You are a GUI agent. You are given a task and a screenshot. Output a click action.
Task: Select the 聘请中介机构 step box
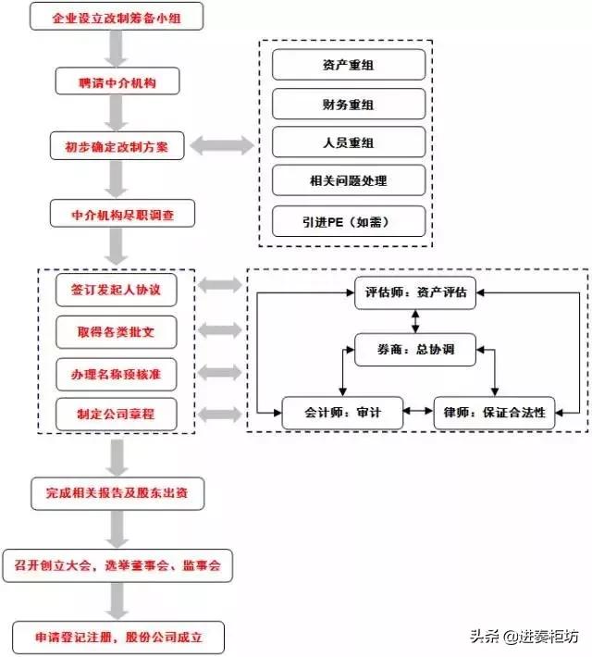tap(116, 83)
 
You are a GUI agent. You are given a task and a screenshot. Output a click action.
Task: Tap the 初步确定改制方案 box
tap(116, 146)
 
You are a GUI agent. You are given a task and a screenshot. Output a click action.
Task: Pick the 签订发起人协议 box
tap(116, 290)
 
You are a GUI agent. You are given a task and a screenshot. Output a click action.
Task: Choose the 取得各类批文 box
tap(116, 330)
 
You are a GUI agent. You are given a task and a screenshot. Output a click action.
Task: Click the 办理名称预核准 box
tap(116, 373)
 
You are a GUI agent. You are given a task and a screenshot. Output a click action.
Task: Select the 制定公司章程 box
tap(116, 414)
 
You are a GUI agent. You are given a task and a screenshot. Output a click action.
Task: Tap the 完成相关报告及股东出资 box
tap(116, 490)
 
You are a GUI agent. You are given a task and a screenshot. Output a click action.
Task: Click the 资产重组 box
tap(349, 64)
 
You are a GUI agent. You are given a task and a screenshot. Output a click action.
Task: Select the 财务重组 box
tap(349, 103)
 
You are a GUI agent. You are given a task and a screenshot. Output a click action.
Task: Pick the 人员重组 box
tap(349, 142)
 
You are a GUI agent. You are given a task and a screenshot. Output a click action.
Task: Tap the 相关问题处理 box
tap(349, 180)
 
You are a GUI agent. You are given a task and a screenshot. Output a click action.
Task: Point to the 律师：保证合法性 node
tap(494, 413)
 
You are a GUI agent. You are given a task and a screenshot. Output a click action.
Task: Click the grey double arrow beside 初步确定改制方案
tap(222, 146)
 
